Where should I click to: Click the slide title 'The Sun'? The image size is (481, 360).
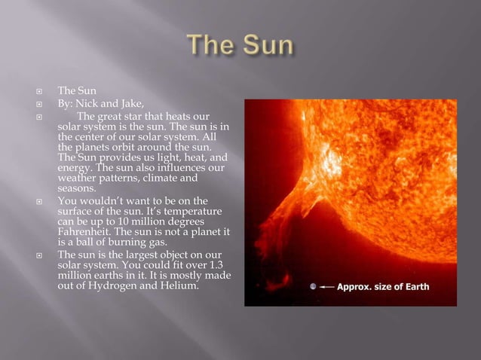(x=240, y=46)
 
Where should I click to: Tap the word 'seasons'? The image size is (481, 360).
(x=78, y=189)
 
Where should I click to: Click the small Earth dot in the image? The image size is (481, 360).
(x=312, y=287)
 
